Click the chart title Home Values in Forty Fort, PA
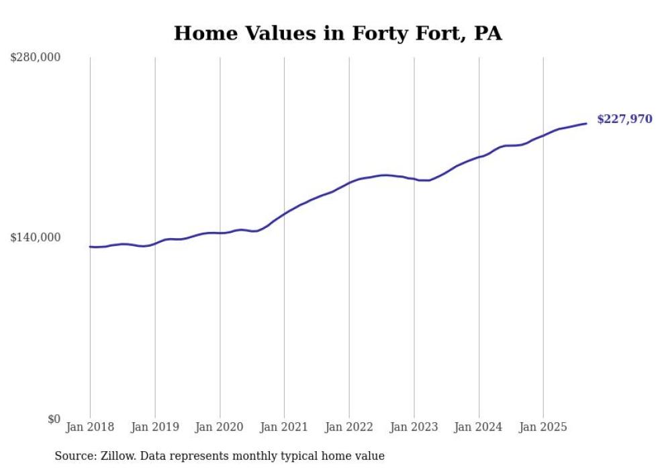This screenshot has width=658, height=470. (x=338, y=33)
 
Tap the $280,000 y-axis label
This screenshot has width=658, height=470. (x=36, y=58)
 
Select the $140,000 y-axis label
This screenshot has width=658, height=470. (x=36, y=237)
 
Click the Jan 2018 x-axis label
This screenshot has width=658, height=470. (x=90, y=427)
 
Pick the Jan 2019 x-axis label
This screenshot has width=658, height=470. (x=155, y=427)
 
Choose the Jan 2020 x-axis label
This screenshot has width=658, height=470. (x=220, y=427)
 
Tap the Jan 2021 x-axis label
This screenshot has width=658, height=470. (x=284, y=427)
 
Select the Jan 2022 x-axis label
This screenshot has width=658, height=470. (x=349, y=427)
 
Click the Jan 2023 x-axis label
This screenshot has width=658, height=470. (x=414, y=427)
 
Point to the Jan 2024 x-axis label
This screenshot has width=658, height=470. (x=479, y=427)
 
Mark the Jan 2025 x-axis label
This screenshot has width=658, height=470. (x=543, y=427)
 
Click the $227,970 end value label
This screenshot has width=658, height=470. (x=624, y=120)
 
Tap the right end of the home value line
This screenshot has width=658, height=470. (x=586, y=123)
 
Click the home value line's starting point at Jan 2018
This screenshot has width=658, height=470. (x=90, y=247)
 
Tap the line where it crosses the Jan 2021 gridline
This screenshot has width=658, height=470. (x=284, y=214)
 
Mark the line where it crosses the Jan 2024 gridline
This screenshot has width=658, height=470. (x=479, y=157)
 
